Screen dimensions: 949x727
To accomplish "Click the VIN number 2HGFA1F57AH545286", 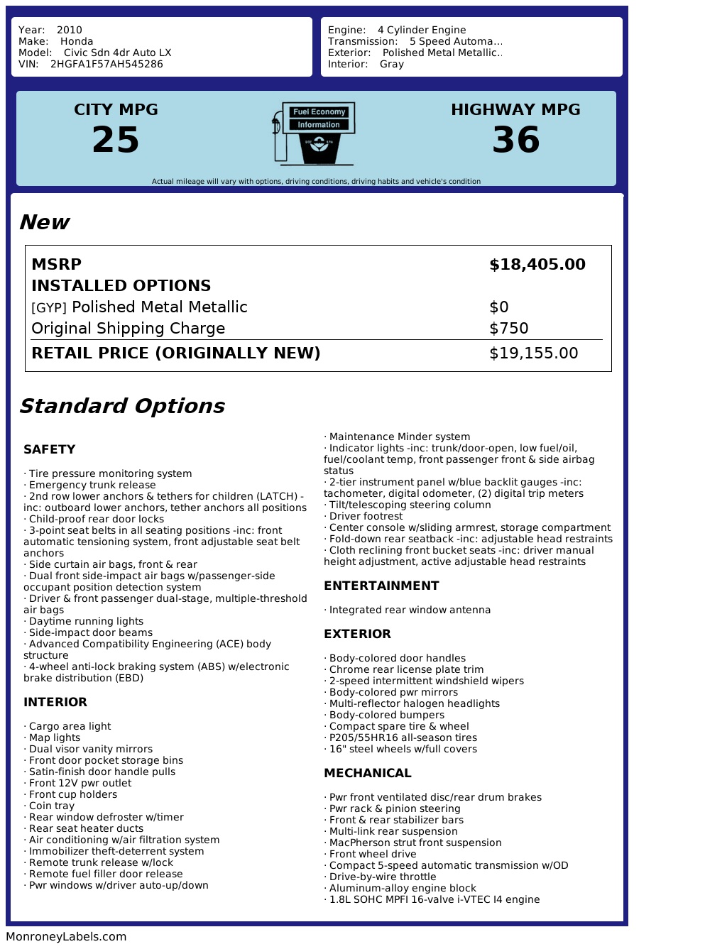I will point(106,64).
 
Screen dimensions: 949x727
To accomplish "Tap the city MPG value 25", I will point(116,140).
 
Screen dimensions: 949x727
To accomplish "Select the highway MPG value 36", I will point(516,140).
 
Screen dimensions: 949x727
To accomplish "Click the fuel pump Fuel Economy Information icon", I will point(314,133).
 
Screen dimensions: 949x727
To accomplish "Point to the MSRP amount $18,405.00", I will point(537,265).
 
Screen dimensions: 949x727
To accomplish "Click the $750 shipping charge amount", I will point(509,329).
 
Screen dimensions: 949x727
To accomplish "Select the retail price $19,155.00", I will point(534,353).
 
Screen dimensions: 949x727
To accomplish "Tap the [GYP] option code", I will point(49,308).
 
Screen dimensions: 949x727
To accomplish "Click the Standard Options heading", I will point(121,406).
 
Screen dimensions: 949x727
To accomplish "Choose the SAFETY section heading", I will point(49,449).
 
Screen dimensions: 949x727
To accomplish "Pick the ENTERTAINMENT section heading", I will point(381,586).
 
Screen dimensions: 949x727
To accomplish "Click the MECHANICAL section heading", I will point(367,773).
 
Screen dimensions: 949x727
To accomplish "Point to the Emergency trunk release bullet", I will point(92,485).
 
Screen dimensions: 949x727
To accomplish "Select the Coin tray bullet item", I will point(51,806).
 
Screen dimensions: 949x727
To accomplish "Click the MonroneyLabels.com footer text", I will point(66,937).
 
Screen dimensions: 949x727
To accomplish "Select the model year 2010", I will point(70,30).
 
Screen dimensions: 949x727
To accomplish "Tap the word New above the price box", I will point(44,222).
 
